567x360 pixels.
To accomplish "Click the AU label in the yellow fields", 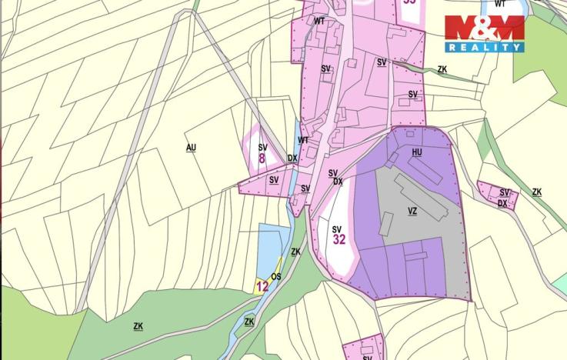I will pyautogui.click(x=191, y=146).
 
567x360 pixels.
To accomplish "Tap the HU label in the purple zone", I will pyautogui.click(x=417, y=152).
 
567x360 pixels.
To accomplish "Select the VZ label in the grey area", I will pyautogui.click(x=412, y=210).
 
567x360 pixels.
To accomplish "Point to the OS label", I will pyautogui.click(x=276, y=277).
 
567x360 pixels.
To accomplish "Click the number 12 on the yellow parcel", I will pyautogui.click(x=262, y=287).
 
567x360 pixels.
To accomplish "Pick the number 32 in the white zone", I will pyautogui.click(x=339, y=239).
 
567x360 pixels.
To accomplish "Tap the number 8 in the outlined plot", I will pyautogui.click(x=262, y=159).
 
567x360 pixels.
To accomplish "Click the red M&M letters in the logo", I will pyautogui.click(x=484, y=28).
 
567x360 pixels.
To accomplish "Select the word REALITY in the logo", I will pyautogui.click(x=484, y=48).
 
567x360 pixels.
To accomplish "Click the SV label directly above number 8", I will pyautogui.click(x=262, y=147).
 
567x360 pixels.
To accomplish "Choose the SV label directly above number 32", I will pyautogui.click(x=337, y=228).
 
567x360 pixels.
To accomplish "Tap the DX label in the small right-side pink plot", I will pyautogui.click(x=502, y=203).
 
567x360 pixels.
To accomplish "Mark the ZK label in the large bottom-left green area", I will pyautogui.click(x=138, y=326).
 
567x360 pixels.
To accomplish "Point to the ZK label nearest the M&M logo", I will pyautogui.click(x=442, y=69).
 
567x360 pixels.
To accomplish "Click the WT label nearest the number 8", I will pyautogui.click(x=303, y=140).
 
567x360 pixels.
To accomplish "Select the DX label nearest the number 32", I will pyautogui.click(x=338, y=182).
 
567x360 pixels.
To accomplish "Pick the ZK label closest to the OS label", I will pyautogui.click(x=295, y=252).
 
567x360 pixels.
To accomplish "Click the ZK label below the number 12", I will pyautogui.click(x=248, y=322).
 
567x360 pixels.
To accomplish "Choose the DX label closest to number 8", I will pyautogui.click(x=292, y=158).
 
